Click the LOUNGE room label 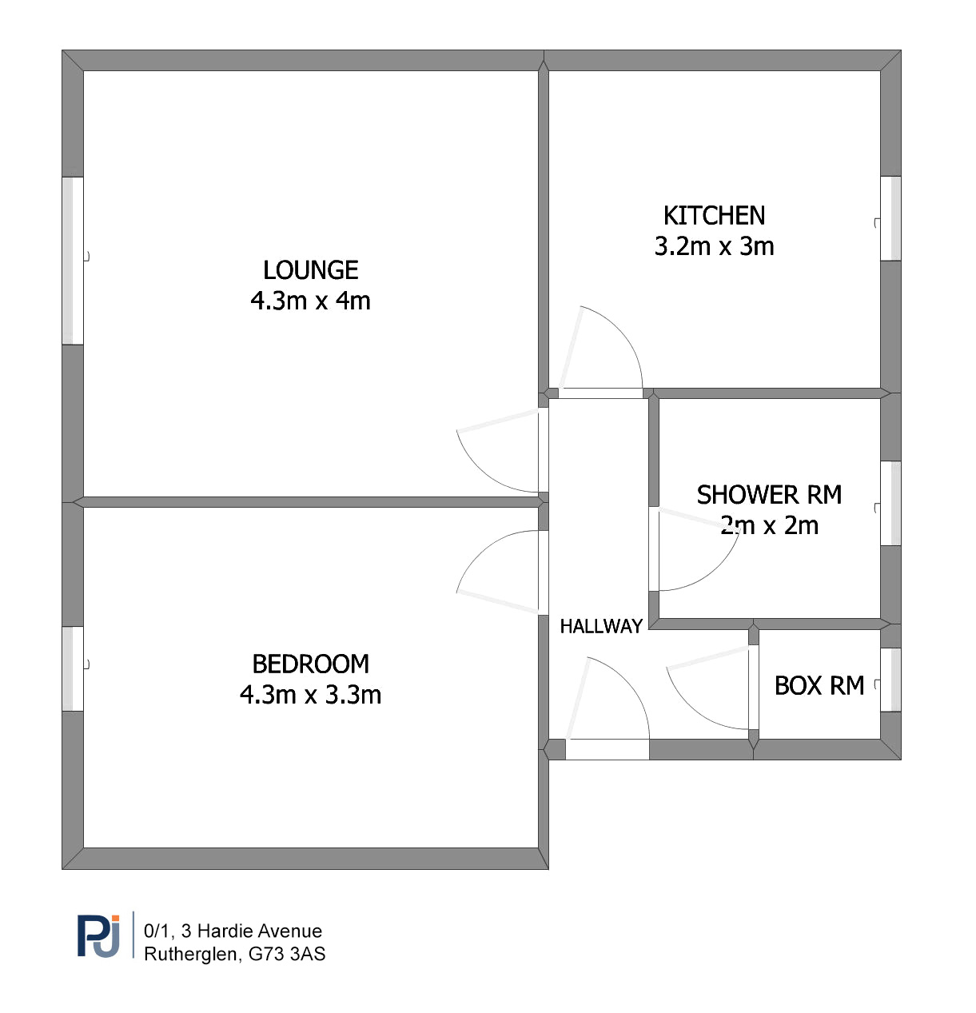[311, 270]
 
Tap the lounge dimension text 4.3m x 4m [311, 301]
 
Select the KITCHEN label [714, 216]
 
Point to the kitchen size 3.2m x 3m [714, 246]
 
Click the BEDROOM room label [311, 664]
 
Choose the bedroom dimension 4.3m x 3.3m [311, 695]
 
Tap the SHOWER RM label [769, 495]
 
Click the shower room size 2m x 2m [769, 526]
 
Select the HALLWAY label [601, 626]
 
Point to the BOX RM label [819, 685]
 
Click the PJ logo [98, 936]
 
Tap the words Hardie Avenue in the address [260, 931]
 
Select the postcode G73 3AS [287, 954]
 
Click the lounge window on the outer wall [73, 261]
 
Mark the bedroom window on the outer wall [73, 668]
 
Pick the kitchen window [890, 218]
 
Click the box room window [890, 680]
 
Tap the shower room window [890, 504]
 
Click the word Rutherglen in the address [190, 954]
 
